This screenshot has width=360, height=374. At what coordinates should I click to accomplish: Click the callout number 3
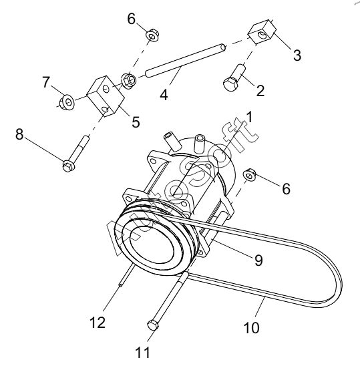point(297,55)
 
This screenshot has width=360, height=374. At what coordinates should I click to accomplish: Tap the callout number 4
point(164,94)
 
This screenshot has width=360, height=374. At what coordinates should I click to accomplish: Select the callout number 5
point(136,122)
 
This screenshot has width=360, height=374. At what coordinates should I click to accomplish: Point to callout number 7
point(46,82)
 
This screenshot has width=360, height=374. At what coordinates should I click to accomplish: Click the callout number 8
point(19,134)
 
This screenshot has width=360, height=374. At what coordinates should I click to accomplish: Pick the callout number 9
point(258,260)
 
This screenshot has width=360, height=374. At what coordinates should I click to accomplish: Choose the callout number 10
point(251,327)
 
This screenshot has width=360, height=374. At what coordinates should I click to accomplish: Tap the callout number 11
point(143,353)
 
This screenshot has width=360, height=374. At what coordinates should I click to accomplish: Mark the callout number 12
point(98,323)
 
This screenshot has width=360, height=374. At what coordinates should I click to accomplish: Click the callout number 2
point(260,90)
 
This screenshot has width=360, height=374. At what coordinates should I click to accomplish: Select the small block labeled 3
point(262,32)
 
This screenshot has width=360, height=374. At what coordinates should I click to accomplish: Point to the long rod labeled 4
point(186,61)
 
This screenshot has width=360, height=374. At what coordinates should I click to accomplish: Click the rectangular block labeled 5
point(106,96)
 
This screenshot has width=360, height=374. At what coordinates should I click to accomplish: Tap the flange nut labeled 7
point(67,102)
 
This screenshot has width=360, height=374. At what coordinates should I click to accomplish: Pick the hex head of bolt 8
point(69,166)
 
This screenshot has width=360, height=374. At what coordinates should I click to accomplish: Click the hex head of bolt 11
point(153,325)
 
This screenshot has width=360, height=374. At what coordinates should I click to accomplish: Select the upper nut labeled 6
point(152,35)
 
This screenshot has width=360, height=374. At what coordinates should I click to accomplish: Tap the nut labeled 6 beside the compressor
point(250,175)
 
